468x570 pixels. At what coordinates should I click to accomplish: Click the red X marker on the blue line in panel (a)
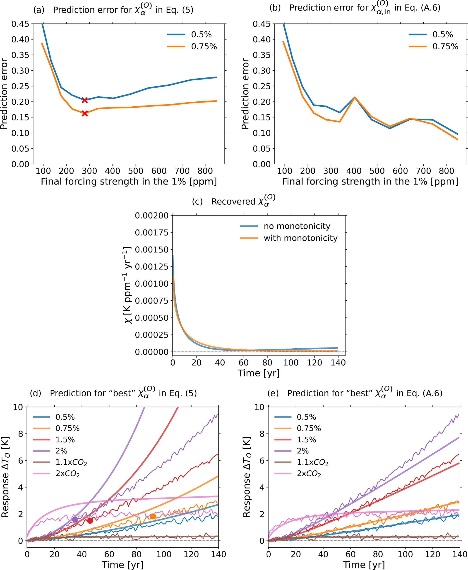tap(85, 100)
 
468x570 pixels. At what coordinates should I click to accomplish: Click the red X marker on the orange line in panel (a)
tap(85, 113)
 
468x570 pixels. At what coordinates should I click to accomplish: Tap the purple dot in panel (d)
tap(75, 519)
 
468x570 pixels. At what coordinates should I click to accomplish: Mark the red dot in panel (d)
tap(90, 521)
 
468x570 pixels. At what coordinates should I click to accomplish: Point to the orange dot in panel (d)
tap(153, 516)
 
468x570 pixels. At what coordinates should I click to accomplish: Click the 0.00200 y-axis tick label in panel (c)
tap(151, 216)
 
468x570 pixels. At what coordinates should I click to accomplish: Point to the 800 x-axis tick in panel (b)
tap(446, 171)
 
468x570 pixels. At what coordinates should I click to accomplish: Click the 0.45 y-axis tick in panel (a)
tap(20, 24)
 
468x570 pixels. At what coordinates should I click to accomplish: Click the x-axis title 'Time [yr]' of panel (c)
tap(259, 373)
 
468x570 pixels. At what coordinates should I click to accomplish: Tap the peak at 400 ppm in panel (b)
tap(355, 97)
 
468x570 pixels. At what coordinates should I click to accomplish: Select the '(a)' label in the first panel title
tap(38, 10)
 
